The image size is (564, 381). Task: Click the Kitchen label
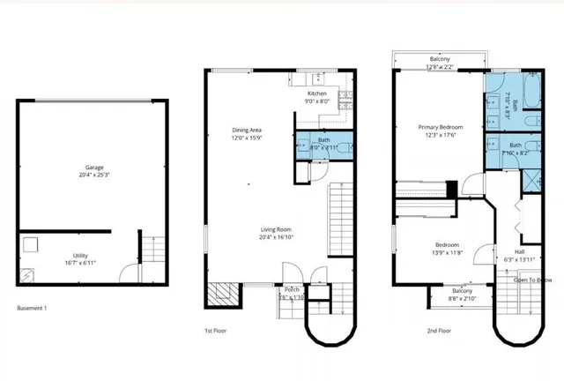point(317,93)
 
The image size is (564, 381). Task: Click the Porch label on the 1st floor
point(292,289)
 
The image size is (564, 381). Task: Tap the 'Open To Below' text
point(531,280)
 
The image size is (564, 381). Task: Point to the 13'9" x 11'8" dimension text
point(448,252)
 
